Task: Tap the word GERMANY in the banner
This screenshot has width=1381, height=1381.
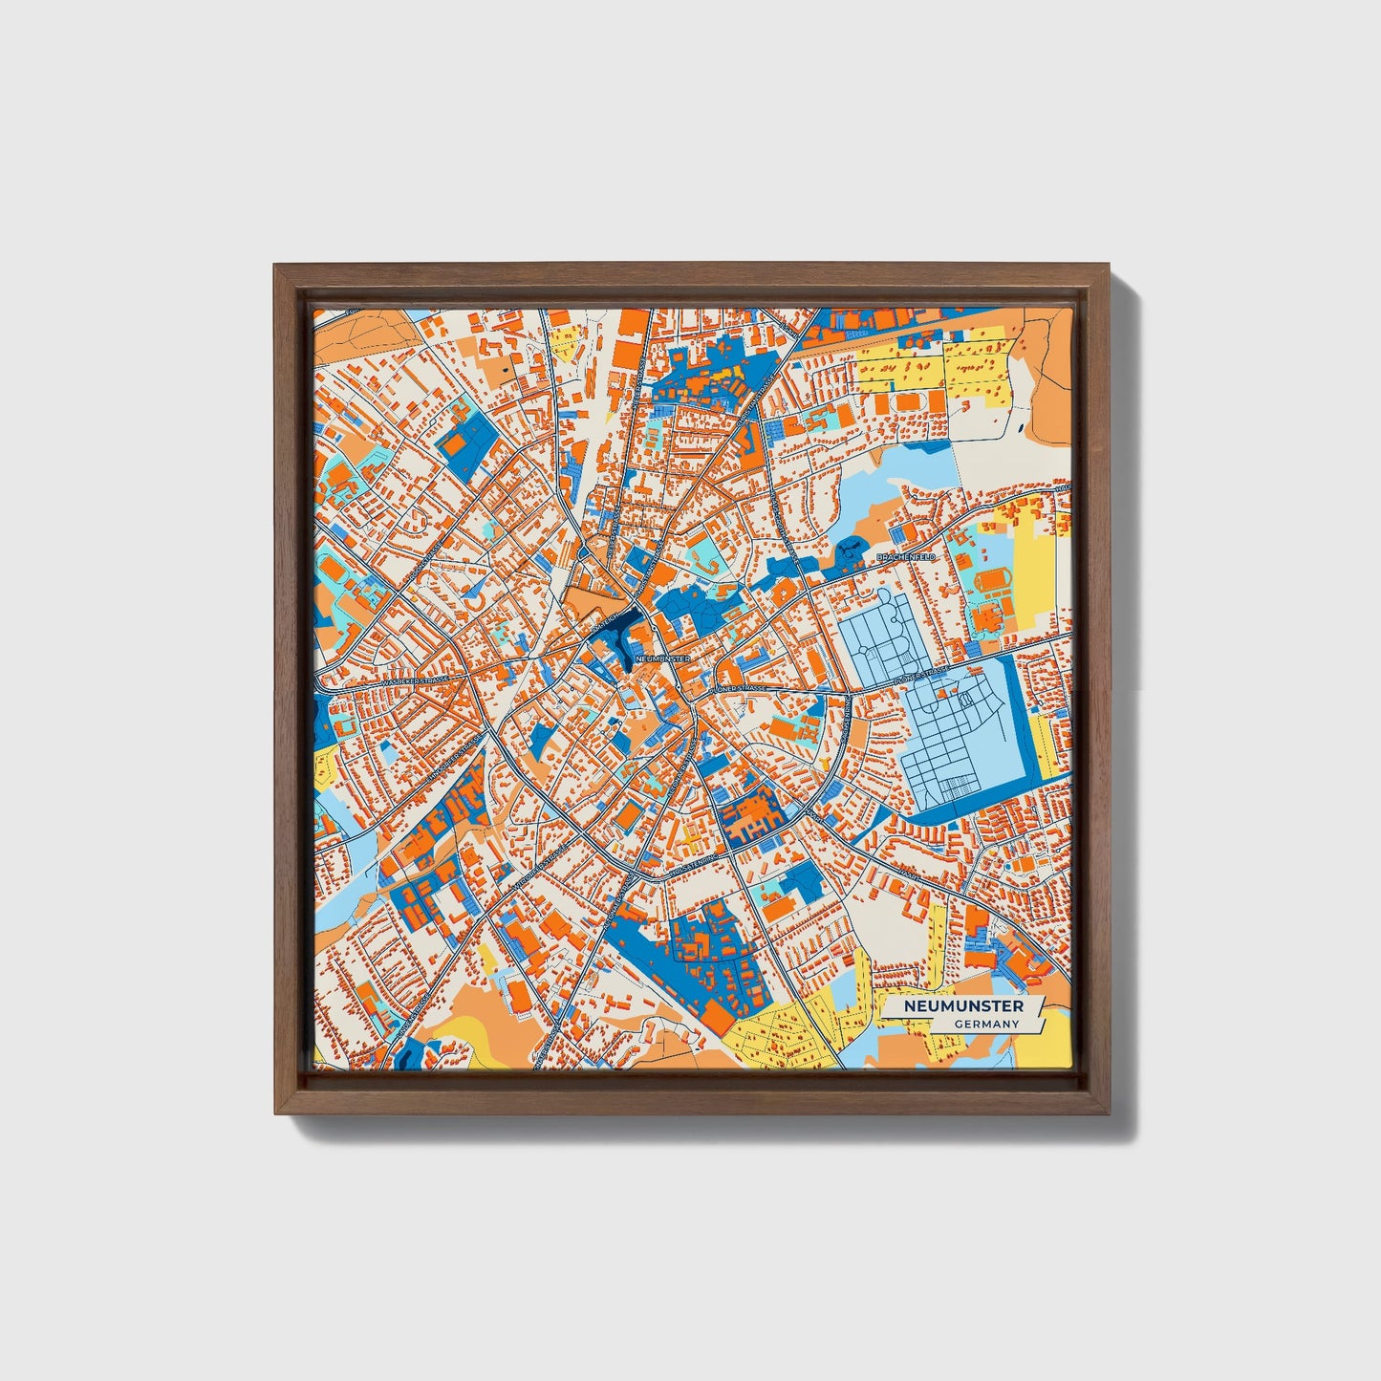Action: (x=986, y=1024)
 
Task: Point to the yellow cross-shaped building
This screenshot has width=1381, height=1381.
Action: (x=690, y=837)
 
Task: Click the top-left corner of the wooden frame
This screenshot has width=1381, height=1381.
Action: (x=275, y=266)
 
